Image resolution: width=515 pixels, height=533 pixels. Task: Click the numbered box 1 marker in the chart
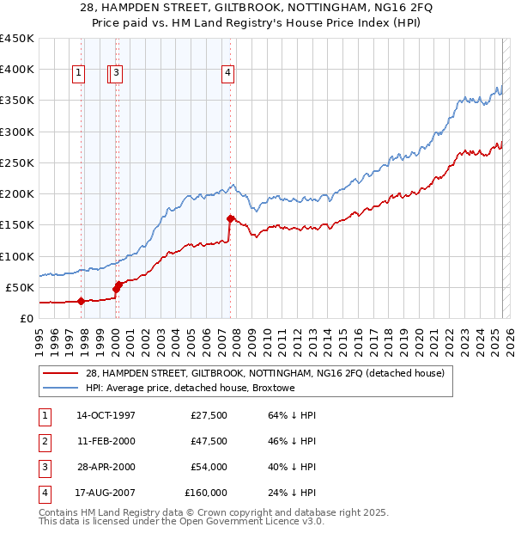(78, 74)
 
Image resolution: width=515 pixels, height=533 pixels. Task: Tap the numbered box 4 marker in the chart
(228, 74)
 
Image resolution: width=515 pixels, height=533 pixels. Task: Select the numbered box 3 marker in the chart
(116, 74)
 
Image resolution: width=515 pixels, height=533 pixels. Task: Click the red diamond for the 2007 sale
(230, 218)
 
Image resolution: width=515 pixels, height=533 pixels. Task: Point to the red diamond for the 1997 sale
(81, 301)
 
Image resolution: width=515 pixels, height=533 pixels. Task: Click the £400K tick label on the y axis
(16, 70)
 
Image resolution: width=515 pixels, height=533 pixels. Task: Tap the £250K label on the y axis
(16, 163)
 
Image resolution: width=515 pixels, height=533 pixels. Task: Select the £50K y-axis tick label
(20, 287)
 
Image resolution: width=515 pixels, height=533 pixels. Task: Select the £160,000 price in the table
(206, 493)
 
